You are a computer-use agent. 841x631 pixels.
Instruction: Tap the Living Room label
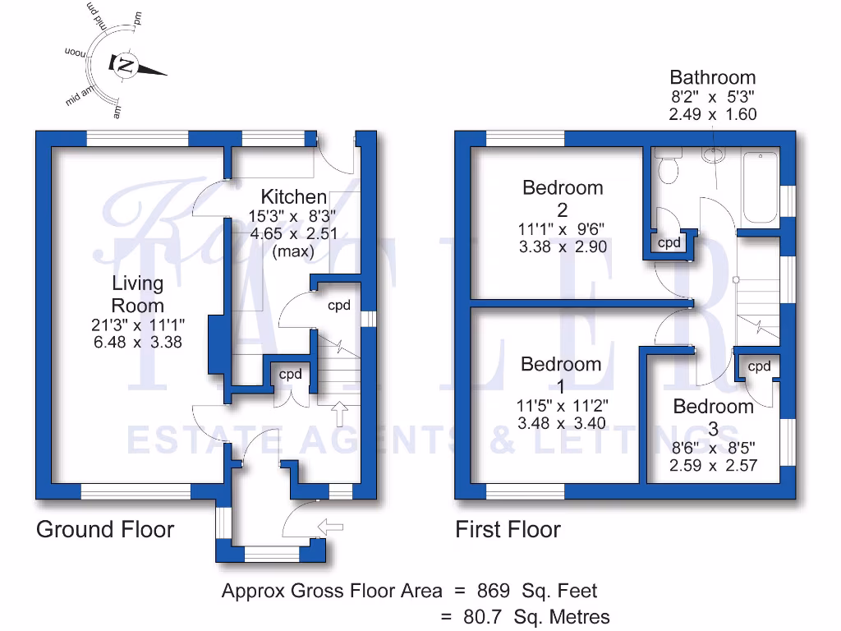coord(138,294)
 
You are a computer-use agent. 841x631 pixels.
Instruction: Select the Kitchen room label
coord(293,197)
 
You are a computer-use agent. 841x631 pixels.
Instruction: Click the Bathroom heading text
coord(712,78)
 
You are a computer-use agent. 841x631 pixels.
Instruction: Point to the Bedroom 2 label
coord(563,198)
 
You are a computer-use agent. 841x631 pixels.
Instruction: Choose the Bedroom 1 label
coord(561,375)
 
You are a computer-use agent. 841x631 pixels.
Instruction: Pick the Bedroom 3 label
coord(713,417)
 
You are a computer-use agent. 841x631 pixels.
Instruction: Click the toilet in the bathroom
coord(667,168)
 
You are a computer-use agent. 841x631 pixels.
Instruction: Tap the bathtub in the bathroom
coord(759,187)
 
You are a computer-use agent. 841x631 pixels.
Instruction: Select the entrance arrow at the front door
coord(335,527)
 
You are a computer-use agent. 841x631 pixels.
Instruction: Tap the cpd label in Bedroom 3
coord(760,366)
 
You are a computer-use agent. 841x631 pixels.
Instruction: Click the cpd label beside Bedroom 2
coord(670,243)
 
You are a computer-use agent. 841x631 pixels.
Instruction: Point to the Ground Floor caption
coord(105,529)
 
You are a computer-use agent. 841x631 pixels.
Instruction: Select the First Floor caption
coord(508,530)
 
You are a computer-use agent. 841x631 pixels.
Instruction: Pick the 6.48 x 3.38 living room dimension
coord(138,342)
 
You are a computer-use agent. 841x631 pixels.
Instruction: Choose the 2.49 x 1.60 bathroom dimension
coord(712,115)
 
